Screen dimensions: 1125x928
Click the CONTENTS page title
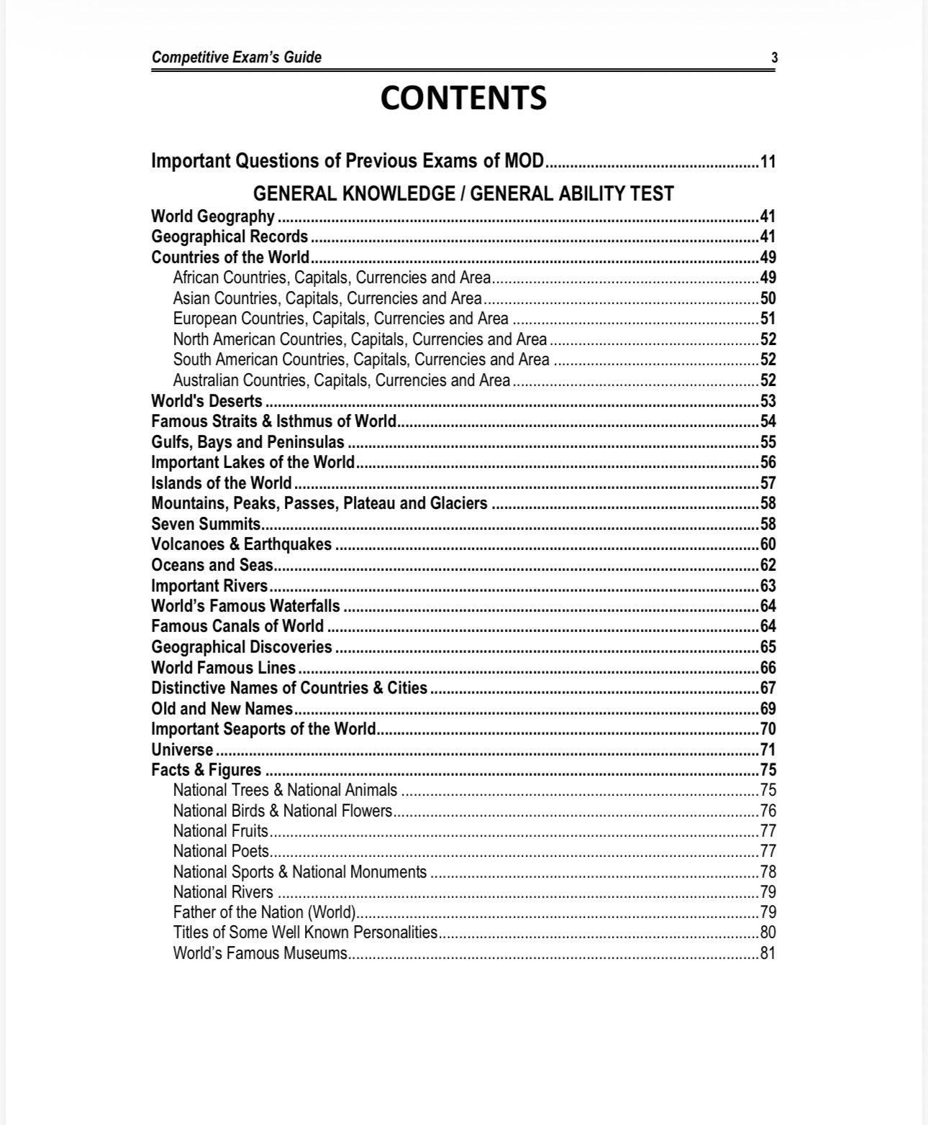click(x=463, y=98)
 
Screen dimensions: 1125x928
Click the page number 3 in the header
click(x=774, y=58)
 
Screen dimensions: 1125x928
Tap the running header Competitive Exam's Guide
click(x=237, y=58)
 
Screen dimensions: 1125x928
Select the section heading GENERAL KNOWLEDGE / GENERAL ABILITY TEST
click(x=463, y=194)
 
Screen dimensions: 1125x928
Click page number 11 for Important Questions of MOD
click(x=768, y=161)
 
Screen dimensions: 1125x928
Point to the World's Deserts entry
click(x=207, y=401)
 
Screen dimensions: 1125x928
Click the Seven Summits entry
click(x=206, y=524)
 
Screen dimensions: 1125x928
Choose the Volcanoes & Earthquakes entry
click(x=242, y=544)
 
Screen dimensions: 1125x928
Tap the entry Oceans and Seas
click(x=211, y=565)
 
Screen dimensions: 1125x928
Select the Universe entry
click(x=182, y=750)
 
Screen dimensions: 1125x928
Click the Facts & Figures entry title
click(x=206, y=770)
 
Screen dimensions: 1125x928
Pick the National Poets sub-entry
click(x=221, y=852)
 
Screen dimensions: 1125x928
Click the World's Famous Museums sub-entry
click(x=260, y=954)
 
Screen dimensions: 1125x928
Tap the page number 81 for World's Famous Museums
click(x=768, y=954)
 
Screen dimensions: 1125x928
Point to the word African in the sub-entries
click(x=196, y=278)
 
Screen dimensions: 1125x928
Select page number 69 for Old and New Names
click(x=768, y=709)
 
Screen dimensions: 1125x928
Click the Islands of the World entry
click(x=222, y=483)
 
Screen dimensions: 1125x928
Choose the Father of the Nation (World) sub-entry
click(x=265, y=913)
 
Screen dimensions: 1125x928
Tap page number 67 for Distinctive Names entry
click(x=768, y=688)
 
